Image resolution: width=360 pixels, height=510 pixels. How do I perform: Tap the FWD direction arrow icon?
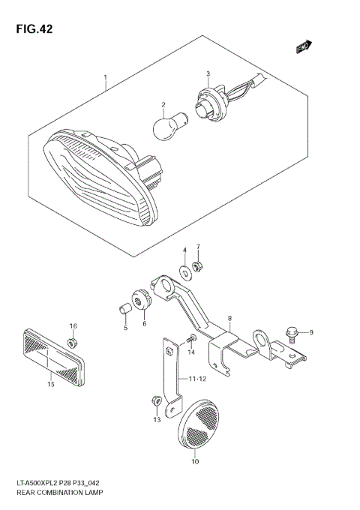coord(303,48)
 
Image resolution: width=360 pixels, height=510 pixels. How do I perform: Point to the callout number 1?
coord(105,76)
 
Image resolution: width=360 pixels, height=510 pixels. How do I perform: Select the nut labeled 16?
coord(73,343)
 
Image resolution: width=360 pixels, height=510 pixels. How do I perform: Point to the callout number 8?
coord(229,319)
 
